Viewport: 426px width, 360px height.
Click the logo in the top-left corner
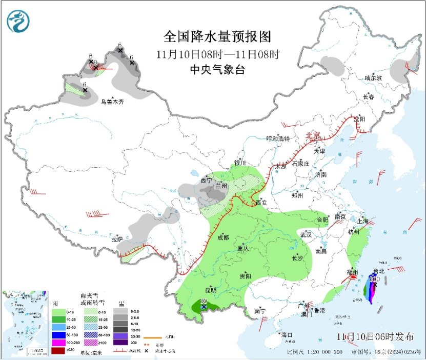[x=18, y=21]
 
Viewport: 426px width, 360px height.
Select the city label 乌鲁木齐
[x=112, y=102]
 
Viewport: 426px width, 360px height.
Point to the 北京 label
[x=313, y=136]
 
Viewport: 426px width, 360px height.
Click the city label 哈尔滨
[x=373, y=78]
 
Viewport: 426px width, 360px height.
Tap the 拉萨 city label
[x=117, y=238]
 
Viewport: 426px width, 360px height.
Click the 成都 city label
[x=223, y=237]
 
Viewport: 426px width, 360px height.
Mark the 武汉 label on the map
[x=306, y=234]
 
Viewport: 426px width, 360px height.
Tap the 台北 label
[x=378, y=271]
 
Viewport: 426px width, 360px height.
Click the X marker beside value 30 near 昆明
[x=204, y=307]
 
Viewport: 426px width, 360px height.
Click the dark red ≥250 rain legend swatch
[x=58, y=350]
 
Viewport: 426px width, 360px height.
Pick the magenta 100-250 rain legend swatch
[x=58, y=342]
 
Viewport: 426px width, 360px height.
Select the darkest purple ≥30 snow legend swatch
[x=119, y=342]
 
